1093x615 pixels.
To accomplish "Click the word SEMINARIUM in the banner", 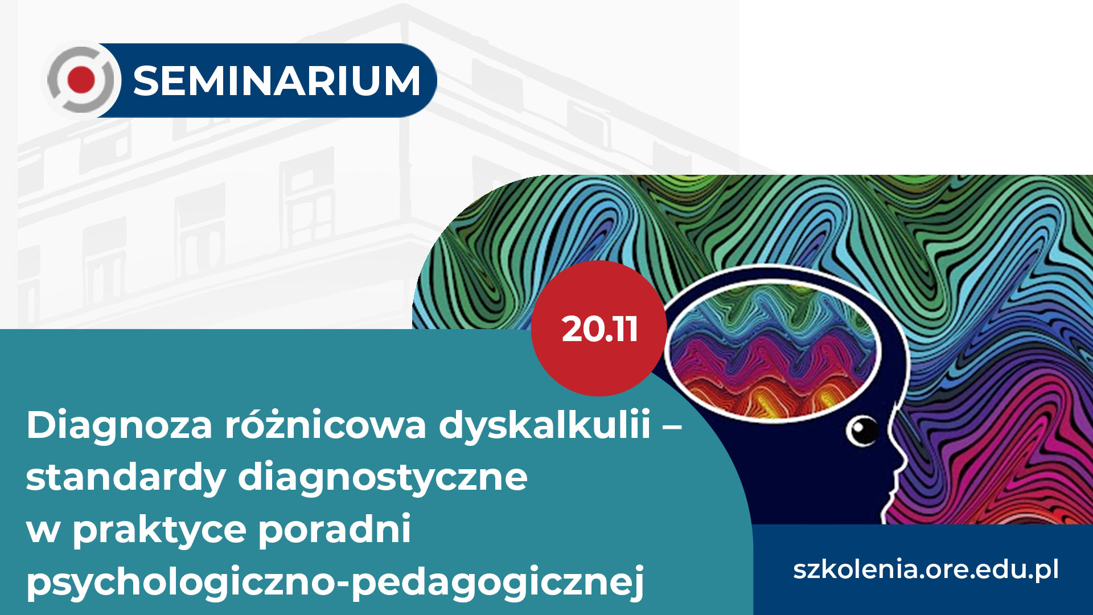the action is tap(277, 80).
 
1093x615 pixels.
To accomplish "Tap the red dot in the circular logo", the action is tap(81, 80).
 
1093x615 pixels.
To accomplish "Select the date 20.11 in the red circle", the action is tap(599, 329).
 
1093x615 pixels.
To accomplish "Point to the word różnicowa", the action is tap(326, 424).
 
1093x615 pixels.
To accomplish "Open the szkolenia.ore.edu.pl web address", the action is tap(926, 569).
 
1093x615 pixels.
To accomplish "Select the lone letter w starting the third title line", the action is tap(43, 531).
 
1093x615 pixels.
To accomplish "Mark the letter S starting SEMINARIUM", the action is tap(147, 80).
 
